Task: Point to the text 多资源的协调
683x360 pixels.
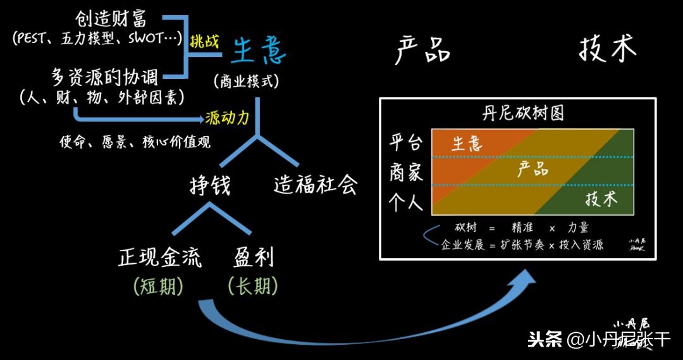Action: point(104,77)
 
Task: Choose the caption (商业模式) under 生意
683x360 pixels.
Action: point(247,82)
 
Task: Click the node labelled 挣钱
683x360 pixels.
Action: point(210,185)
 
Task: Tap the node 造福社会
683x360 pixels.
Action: point(316,185)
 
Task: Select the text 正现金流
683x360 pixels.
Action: point(160,258)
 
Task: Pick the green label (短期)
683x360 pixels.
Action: point(158,287)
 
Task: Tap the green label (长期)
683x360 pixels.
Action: point(252,287)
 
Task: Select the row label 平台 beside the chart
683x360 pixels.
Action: point(406,142)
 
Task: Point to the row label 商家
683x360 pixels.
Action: point(406,172)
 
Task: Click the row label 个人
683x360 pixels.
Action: point(406,202)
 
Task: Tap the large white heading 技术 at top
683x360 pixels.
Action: point(607,49)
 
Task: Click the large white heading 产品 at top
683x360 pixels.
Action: point(422,50)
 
